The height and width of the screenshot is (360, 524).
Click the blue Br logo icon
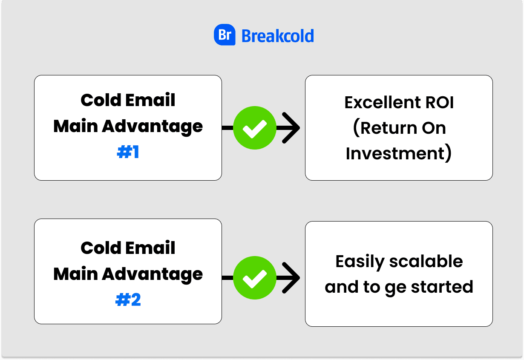click(x=225, y=35)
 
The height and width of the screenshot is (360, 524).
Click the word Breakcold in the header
click(x=278, y=36)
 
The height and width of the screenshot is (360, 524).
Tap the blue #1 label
click(x=128, y=152)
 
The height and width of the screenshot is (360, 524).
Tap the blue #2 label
click(x=128, y=300)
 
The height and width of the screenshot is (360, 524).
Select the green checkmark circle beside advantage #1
click(x=255, y=128)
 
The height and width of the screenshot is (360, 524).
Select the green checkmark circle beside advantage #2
click(x=255, y=278)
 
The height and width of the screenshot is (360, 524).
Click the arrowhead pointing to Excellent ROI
click(x=291, y=128)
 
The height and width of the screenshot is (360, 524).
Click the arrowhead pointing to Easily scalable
click(x=291, y=278)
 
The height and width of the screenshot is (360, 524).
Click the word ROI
click(x=440, y=102)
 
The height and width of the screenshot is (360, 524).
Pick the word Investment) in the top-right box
click(x=399, y=153)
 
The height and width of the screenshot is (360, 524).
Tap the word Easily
click(x=360, y=262)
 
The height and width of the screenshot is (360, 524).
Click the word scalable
click(x=426, y=261)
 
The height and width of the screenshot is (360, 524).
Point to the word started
click(x=442, y=287)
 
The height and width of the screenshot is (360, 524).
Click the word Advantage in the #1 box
click(x=152, y=127)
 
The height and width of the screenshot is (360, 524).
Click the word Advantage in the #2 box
click(x=152, y=274)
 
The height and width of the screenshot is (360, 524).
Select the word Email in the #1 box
click(x=150, y=100)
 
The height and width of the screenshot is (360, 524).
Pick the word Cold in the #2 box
click(x=101, y=248)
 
